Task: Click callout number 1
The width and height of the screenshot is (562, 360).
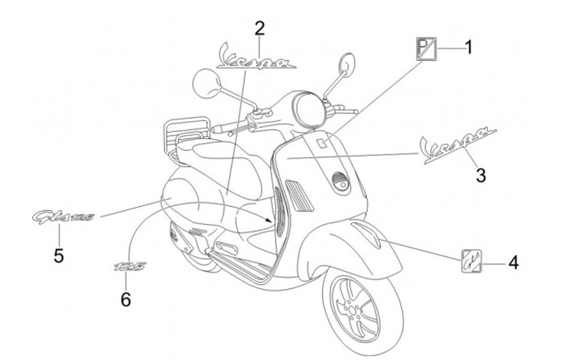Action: (469, 46)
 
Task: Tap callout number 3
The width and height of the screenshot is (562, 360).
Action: (481, 175)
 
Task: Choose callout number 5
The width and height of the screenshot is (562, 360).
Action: (59, 255)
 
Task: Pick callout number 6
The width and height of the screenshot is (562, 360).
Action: (126, 298)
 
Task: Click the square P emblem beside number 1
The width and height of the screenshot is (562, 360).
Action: (425, 51)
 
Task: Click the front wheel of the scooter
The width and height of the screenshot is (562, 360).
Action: (355, 309)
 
